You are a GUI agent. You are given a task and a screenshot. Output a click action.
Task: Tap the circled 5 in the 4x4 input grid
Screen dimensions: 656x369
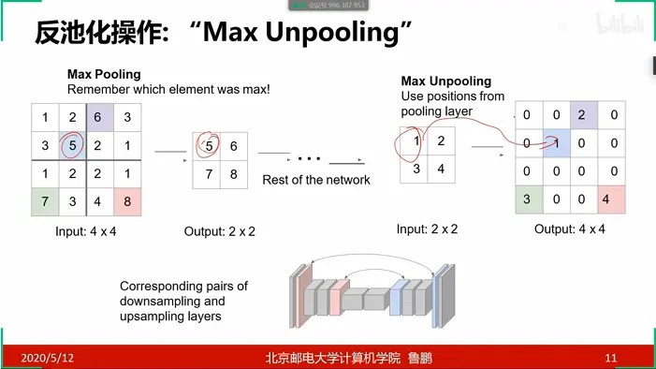[72, 145]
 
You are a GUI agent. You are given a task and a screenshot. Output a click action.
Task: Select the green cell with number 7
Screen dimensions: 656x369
[45, 202]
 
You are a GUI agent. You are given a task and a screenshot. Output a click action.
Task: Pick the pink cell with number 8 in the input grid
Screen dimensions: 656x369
[127, 202]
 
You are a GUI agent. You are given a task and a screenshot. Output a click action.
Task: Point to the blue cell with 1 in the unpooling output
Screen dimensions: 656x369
[557, 143]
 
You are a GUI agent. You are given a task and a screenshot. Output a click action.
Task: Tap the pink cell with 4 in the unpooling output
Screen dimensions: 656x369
[611, 199]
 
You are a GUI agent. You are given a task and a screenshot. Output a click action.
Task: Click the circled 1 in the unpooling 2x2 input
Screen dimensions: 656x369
[415, 141]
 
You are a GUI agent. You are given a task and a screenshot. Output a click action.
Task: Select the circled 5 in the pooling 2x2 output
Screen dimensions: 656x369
[207, 146]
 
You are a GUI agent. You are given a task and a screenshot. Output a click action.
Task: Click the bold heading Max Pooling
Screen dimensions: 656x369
[104, 74]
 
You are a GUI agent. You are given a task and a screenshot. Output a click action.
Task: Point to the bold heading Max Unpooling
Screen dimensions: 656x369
[446, 81]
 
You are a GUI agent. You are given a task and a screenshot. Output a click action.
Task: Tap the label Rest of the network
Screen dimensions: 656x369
[316, 180]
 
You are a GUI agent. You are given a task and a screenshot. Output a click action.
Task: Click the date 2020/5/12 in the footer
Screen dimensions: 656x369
[48, 358]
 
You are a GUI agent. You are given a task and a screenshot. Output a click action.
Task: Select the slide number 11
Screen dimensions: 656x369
[611, 358]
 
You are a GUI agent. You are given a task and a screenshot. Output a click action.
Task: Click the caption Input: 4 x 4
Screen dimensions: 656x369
[86, 231]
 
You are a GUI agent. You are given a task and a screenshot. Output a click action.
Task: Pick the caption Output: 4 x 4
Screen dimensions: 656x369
[570, 229]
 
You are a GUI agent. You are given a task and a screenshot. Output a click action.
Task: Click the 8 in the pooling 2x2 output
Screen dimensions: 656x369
[234, 174]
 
